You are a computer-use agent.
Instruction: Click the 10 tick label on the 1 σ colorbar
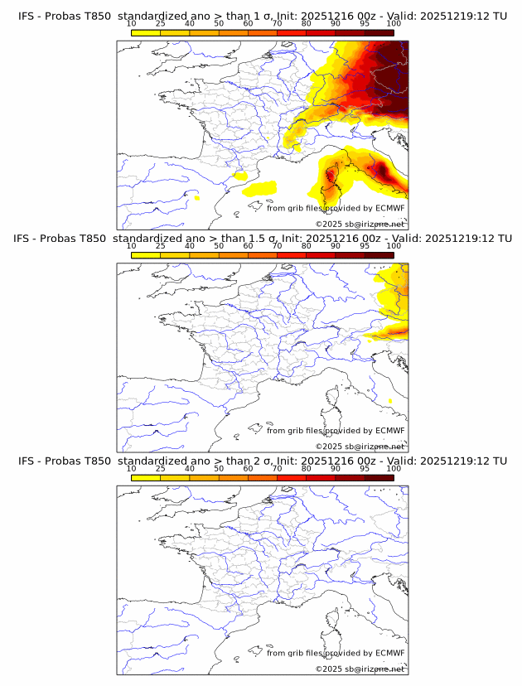[132, 23]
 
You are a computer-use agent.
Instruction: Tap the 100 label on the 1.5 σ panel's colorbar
[394, 245]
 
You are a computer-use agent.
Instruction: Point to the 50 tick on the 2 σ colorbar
[219, 468]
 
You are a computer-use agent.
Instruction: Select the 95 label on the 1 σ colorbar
[365, 23]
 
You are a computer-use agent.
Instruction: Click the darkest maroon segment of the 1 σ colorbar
[379, 31]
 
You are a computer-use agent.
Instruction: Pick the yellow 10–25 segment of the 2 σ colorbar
[146, 476]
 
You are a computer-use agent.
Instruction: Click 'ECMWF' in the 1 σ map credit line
[389, 208]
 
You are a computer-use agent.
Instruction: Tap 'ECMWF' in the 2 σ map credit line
[389, 653]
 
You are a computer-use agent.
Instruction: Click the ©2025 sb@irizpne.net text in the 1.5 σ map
[360, 446]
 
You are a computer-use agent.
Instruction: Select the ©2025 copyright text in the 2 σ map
[360, 669]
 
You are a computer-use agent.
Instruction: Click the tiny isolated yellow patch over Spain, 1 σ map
[196, 197]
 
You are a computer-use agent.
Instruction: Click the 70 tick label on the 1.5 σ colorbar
[277, 245]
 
